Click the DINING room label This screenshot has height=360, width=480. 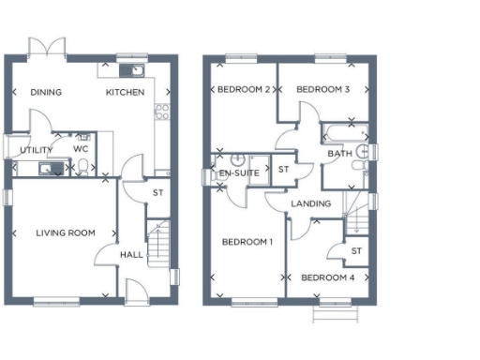coord(46,92)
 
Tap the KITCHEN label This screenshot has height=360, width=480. coord(125,92)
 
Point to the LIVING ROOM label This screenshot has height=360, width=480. coord(66,232)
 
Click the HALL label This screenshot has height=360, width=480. coord(130,254)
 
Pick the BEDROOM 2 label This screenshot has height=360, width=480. coord(244,90)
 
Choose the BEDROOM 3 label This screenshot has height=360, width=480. coord(322,90)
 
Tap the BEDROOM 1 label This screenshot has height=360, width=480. coord(247,242)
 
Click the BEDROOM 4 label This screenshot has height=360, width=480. coord(328,277)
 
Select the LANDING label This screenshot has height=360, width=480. coord(311,203)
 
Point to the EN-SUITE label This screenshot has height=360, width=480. coord(239,173)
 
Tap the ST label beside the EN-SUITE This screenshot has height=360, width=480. coord(284,170)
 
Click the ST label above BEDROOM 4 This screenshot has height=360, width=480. coord(356,250)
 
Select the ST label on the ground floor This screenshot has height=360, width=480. coord(158,194)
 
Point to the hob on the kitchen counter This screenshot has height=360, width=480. coord(160,112)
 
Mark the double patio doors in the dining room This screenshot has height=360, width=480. coord(48,48)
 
